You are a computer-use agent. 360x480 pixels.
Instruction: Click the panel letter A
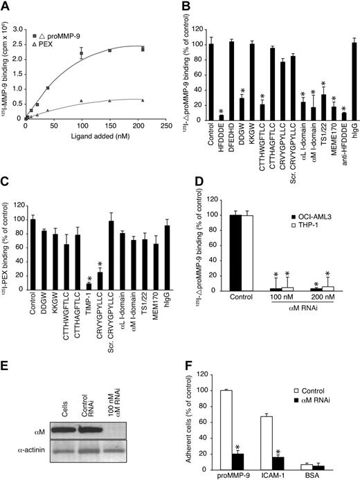[6, 6]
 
